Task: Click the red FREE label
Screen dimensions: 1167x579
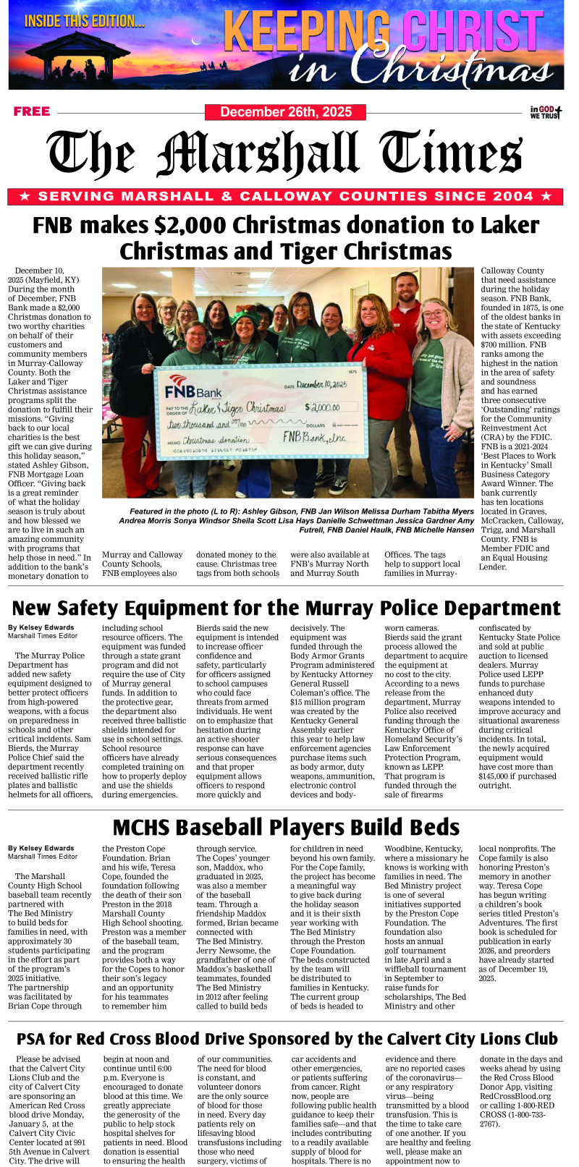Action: click(32, 111)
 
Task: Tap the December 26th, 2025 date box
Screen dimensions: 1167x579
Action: click(285, 112)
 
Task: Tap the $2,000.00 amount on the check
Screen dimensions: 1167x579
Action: click(322, 408)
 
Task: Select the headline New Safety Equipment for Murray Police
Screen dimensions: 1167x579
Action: click(286, 608)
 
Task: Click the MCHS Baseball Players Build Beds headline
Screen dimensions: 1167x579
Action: click(286, 828)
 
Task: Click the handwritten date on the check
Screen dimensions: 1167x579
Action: click(321, 385)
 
